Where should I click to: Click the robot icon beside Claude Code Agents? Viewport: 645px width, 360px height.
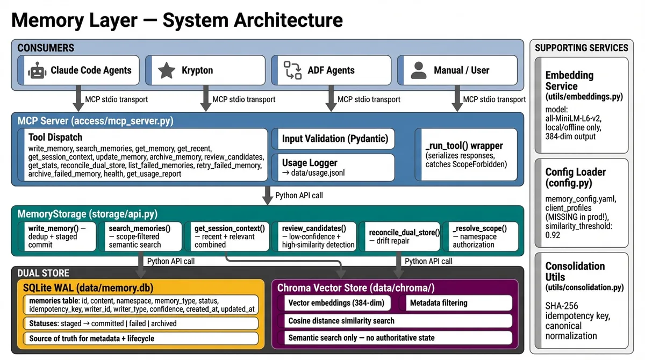(x=36, y=70)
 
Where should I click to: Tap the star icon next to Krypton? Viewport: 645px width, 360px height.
(x=167, y=70)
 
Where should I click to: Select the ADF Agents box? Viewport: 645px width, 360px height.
(x=331, y=70)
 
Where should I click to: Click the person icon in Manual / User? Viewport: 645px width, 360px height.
(x=418, y=70)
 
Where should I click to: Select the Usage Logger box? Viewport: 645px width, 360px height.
(x=333, y=167)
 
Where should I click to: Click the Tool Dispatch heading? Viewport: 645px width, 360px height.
(x=55, y=138)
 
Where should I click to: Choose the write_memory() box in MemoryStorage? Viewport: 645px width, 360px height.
(x=57, y=236)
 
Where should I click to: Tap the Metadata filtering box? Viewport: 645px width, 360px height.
(x=457, y=303)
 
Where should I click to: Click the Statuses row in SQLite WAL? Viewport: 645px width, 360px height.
(x=140, y=323)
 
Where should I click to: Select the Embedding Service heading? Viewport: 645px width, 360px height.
(x=569, y=81)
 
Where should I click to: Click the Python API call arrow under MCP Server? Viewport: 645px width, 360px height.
(x=267, y=196)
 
